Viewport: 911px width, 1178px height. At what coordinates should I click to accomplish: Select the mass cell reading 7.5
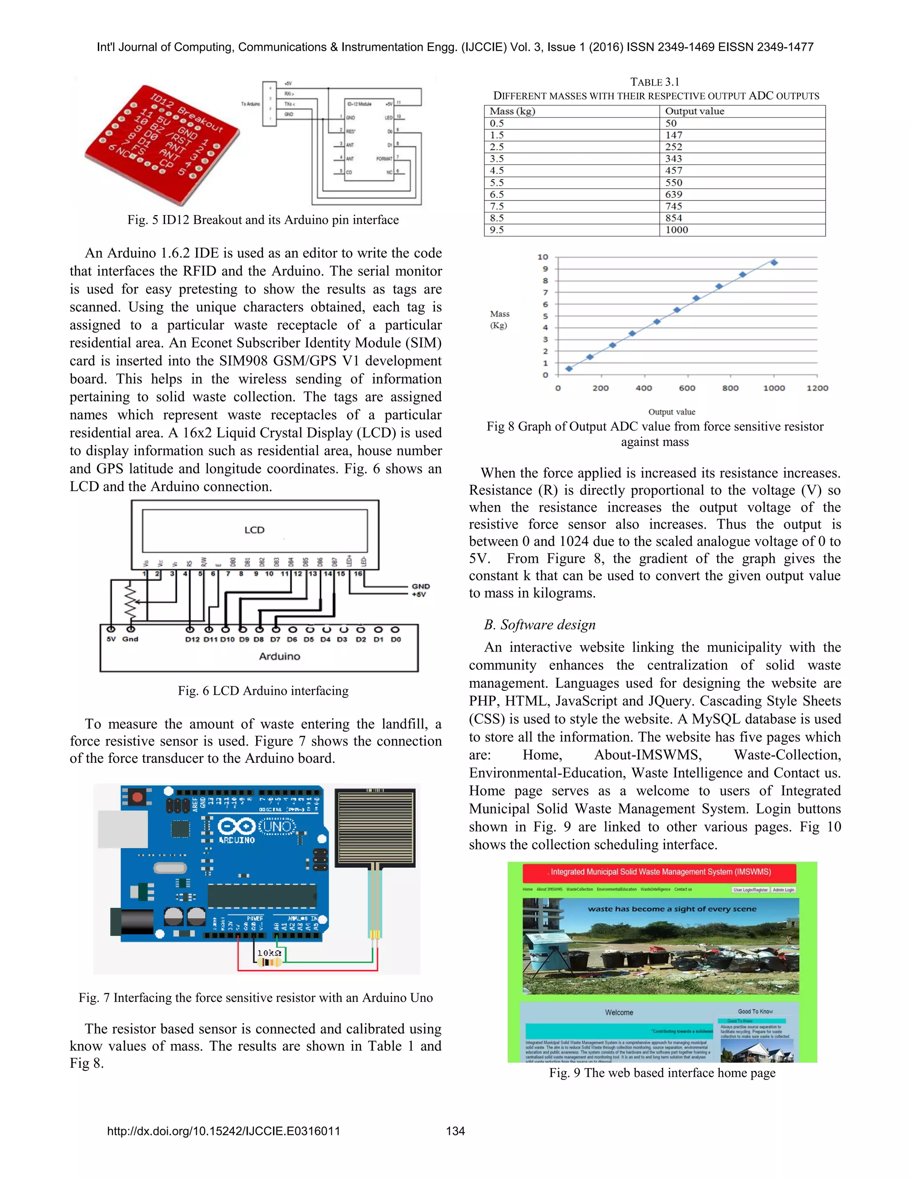pyautogui.click(x=496, y=206)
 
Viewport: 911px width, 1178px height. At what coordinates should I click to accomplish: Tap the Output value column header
pyautogui.click(x=694, y=111)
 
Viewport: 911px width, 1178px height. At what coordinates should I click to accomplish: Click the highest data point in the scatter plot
pyautogui.click(x=774, y=263)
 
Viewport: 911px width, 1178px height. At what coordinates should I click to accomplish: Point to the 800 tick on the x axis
pyautogui.click(x=730, y=388)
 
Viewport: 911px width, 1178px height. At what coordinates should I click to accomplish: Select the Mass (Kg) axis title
pyautogui.click(x=499, y=319)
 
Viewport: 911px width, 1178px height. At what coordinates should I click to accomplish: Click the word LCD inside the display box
pyautogui.click(x=254, y=530)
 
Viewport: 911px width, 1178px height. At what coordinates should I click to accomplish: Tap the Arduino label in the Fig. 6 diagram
pyautogui.click(x=279, y=656)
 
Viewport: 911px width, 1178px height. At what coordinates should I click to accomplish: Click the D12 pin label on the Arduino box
pyautogui.click(x=192, y=639)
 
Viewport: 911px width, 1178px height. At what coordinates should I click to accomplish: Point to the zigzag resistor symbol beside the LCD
pyautogui.click(x=130, y=601)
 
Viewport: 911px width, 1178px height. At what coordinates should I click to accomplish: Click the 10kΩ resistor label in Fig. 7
pyautogui.click(x=269, y=953)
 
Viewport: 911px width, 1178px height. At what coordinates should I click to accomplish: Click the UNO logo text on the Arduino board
pyautogui.click(x=278, y=826)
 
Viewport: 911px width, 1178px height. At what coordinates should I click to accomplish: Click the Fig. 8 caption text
pyautogui.click(x=655, y=434)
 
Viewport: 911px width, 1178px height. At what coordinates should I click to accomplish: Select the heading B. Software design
pyautogui.click(x=539, y=625)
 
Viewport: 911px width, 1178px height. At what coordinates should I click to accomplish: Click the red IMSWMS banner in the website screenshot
pyautogui.click(x=660, y=872)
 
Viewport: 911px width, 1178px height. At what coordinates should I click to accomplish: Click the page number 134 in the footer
pyautogui.click(x=455, y=1131)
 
